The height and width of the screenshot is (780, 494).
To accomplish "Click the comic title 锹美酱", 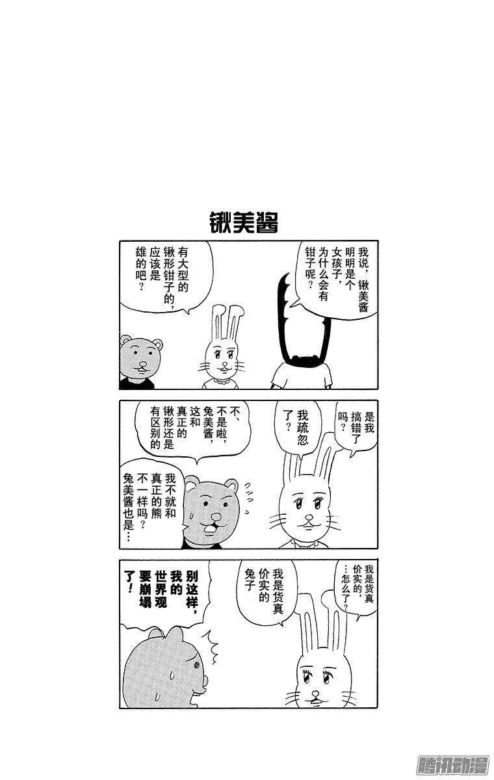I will click(x=244, y=222).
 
